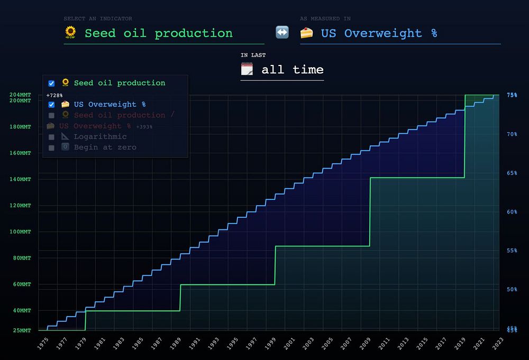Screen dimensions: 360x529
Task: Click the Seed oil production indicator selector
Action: tap(159, 33)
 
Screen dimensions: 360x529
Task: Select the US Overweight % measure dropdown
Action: tap(379, 33)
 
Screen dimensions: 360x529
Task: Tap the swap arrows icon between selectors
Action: tap(282, 32)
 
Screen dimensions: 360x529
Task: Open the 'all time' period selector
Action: tap(292, 70)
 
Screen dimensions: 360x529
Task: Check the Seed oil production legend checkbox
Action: tap(51, 83)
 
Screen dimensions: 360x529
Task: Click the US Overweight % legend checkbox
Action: tap(51, 104)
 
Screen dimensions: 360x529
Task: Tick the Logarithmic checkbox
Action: tap(51, 137)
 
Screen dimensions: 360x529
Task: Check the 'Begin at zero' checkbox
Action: tap(51, 147)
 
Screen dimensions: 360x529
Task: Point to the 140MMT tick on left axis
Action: tap(21, 179)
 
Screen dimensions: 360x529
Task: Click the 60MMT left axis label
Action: tap(21, 284)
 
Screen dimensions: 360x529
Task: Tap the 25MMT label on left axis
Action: tap(21, 330)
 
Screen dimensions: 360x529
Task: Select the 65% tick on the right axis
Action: tap(512, 173)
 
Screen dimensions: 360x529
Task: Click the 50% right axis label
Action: tap(512, 289)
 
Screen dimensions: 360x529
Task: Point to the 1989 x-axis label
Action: tap(176, 344)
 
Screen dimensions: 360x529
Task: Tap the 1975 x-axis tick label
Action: tap(43, 344)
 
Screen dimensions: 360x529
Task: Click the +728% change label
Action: tap(54, 95)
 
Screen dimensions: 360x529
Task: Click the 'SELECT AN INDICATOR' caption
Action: tap(98, 19)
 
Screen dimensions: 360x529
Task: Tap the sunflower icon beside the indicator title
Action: tap(70, 33)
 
